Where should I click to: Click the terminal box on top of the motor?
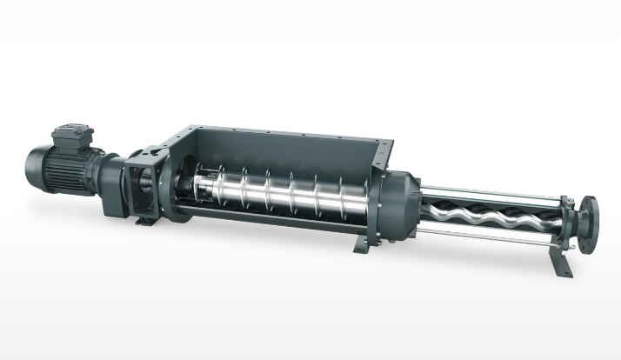point(71,136)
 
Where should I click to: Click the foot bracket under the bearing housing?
point(146,220)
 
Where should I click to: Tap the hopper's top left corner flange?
point(174,130)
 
